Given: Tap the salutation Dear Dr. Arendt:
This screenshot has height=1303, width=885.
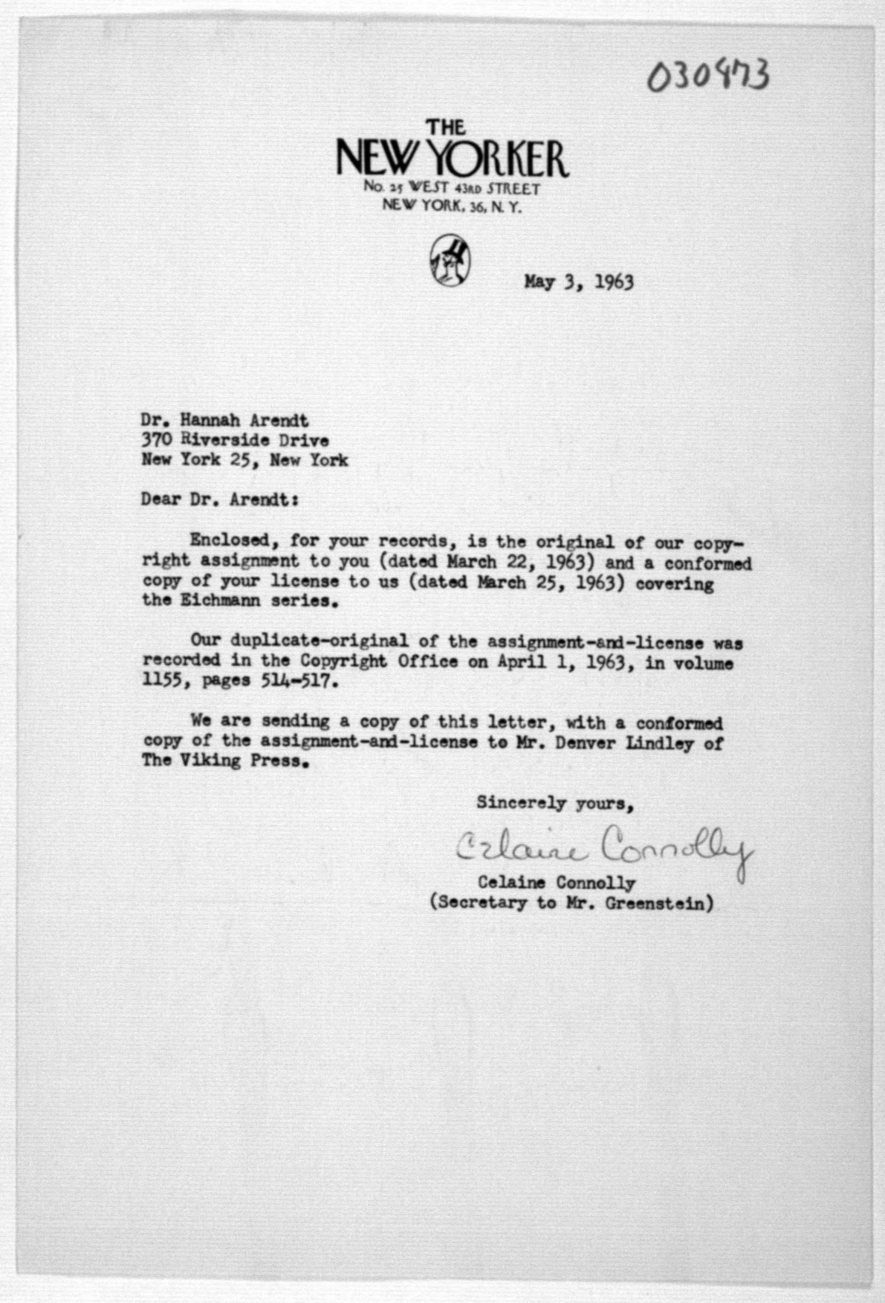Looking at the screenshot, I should point(219,499).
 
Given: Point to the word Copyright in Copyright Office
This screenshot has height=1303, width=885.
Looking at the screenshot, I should point(342,661).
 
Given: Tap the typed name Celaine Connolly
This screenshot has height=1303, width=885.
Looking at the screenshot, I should point(556,882).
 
